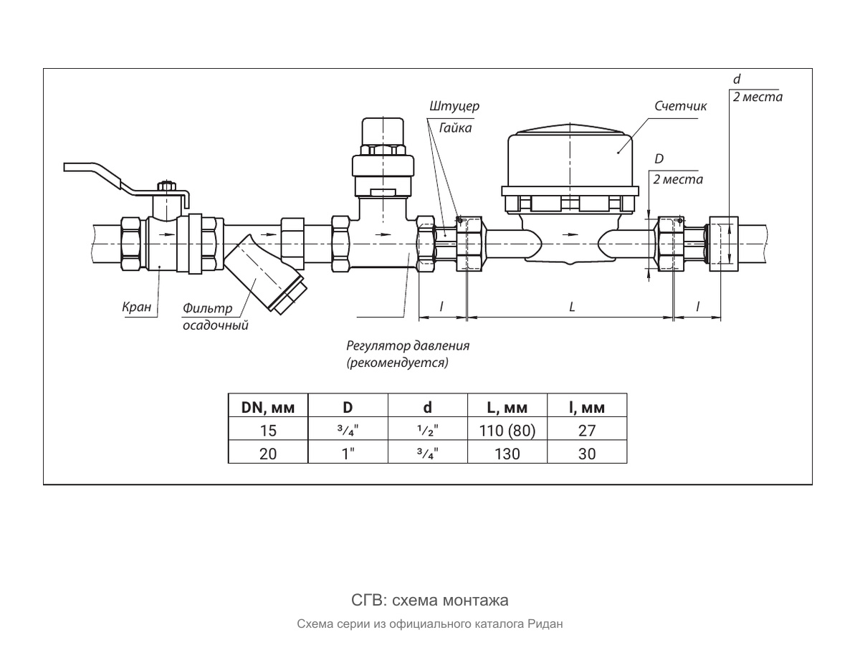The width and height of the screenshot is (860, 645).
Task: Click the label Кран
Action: coord(137,307)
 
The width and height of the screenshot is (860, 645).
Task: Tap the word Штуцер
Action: coord(454,106)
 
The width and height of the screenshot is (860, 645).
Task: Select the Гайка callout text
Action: coord(455,128)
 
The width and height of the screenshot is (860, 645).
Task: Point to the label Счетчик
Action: coord(681,106)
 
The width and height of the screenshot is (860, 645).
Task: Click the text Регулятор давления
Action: coord(408,346)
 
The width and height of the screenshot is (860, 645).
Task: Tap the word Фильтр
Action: coord(208,309)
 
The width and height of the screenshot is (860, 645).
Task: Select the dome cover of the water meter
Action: coord(570,158)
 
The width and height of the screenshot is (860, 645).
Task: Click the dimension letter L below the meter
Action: coord(572,307)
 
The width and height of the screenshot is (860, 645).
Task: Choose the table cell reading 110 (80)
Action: coord(507,431)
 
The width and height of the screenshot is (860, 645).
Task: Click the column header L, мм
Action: coord(507,408)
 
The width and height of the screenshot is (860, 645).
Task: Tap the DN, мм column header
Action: coord(268,408)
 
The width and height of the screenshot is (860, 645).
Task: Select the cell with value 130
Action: coord(507,454)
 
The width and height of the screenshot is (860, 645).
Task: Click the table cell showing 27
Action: coord(587,431)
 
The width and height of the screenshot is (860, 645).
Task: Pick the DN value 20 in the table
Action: coord(268,454)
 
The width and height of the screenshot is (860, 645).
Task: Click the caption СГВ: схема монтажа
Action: coord(430,601)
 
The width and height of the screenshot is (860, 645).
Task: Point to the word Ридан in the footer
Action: coord(545,623)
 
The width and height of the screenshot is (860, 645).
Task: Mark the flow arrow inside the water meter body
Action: coord(570,234)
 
